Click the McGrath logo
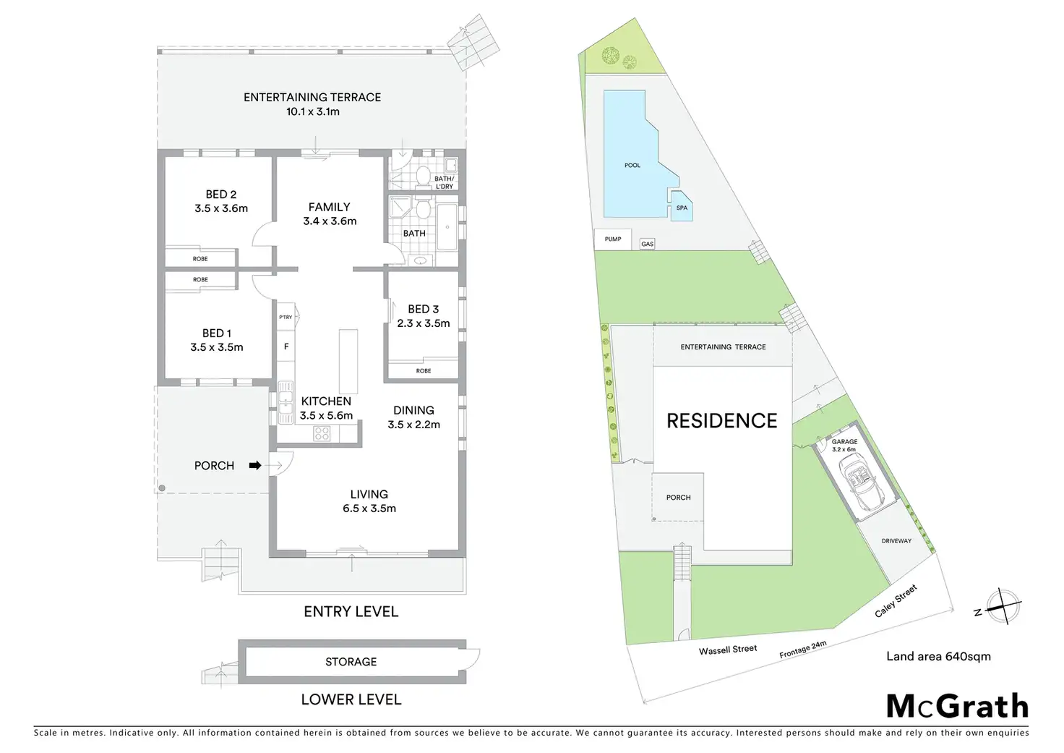957,706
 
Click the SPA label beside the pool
682,208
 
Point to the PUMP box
613,239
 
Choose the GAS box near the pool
647,244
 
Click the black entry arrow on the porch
254,466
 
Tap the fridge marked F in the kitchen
286,347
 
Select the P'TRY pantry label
286,317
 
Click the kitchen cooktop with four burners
322,433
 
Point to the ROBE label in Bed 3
424,371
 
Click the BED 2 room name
221,195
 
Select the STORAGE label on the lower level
351,662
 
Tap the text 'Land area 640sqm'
938,657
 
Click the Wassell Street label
728,650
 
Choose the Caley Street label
896,601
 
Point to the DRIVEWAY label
896,541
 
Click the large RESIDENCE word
721,421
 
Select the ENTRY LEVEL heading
351,612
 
